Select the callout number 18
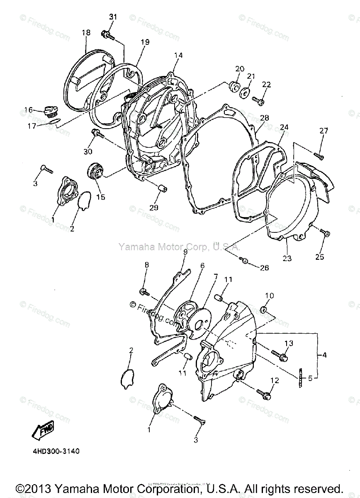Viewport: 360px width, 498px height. [x=86, y=32]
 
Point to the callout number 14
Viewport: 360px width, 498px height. [x=178, y=55]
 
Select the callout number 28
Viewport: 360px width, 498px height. [x=264, y=117]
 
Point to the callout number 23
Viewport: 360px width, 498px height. [x=287, y=258]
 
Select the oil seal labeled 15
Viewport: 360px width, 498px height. [x=95, y=171]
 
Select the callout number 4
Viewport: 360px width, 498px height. [x=324, y=355]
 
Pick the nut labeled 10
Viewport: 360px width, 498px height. [x=264, y=309]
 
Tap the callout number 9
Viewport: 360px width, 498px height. [x=185, y=251]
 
